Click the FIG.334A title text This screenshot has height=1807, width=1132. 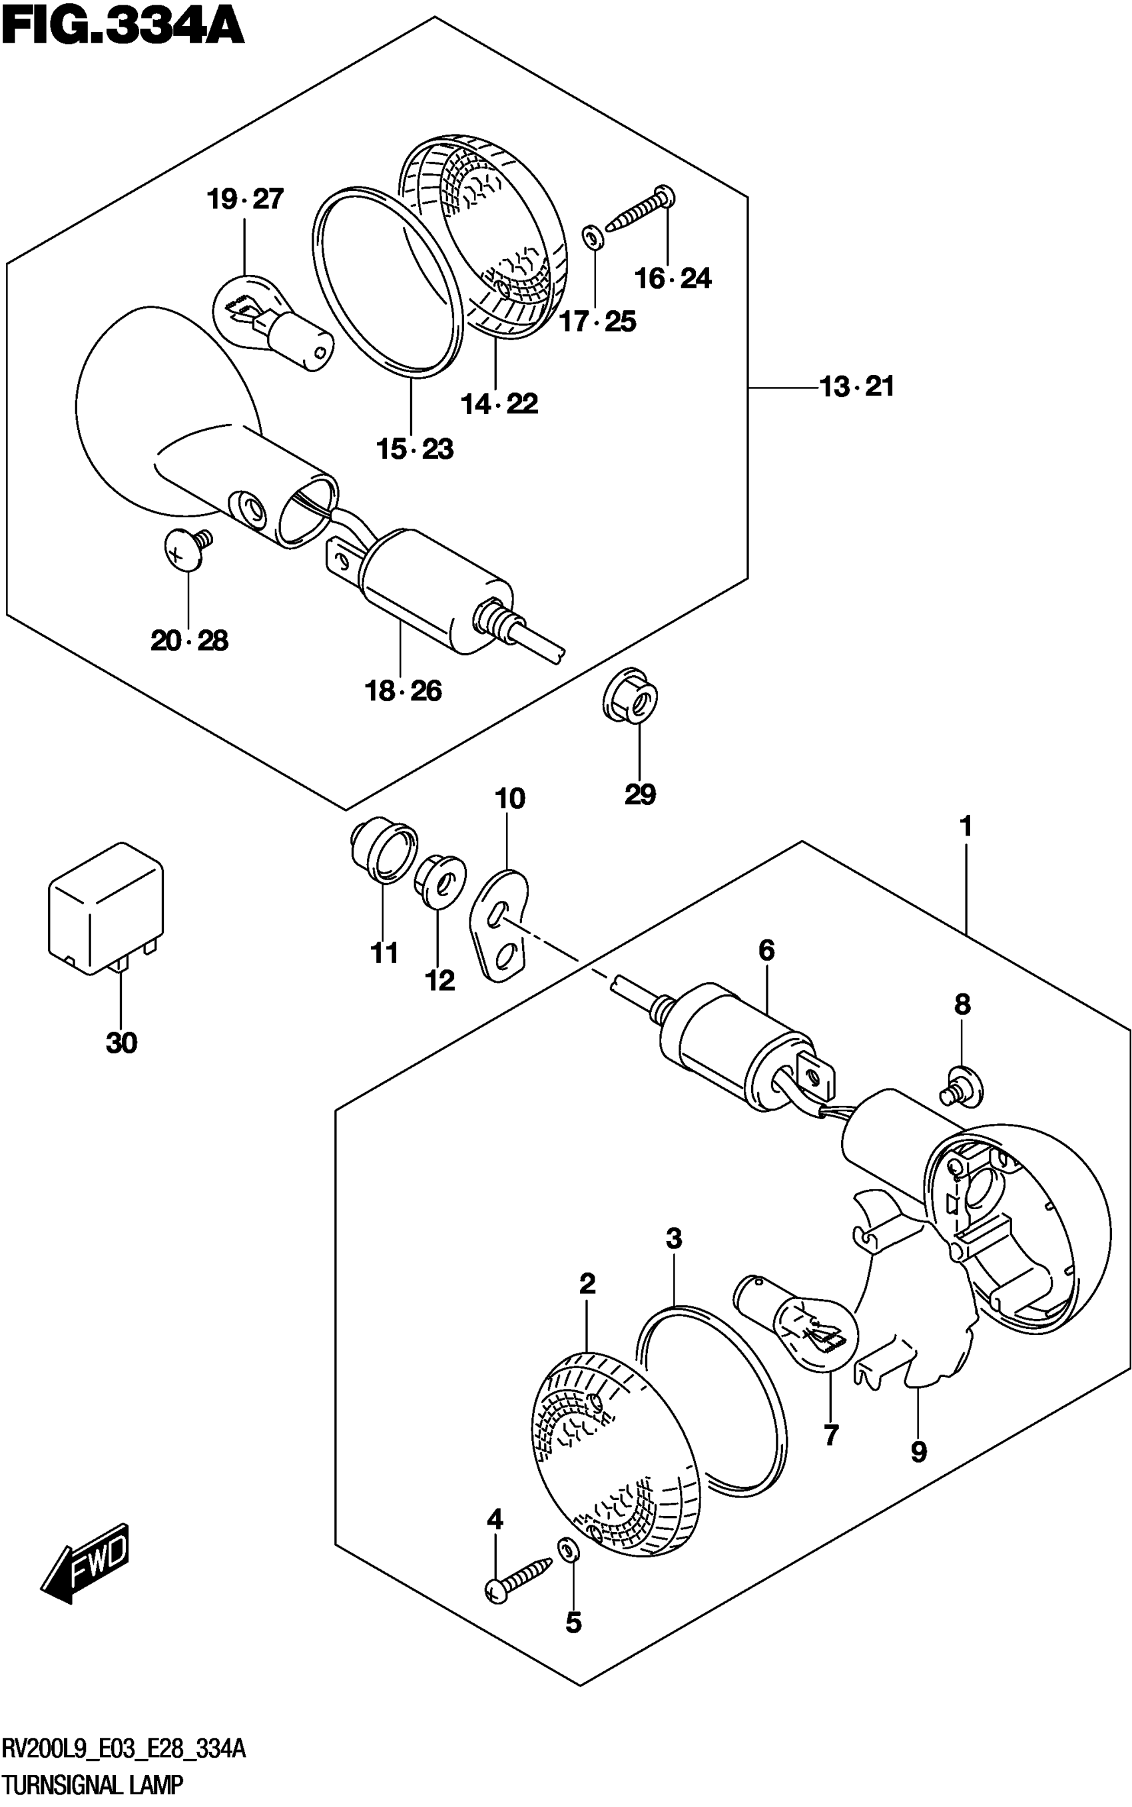pyautogui.click(x=124, y=28)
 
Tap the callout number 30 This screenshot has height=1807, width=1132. pyautogui.click(x=121, y=1043)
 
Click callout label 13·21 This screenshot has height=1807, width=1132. pyautogui.click(x=856, y=387)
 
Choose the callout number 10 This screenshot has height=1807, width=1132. pyautogui.click(x=510, y=799)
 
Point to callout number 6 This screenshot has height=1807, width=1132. pyautogui.click(x=766, y=951)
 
